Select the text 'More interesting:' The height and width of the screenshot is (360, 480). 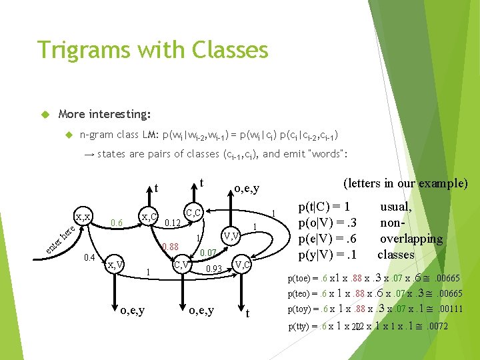coord(105,114)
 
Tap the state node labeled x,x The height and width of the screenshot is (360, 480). coord(83,217)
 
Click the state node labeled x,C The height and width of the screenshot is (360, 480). coord(149,217)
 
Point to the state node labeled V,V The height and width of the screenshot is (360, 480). coord(231,235)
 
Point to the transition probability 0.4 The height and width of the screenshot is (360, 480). coord(89,257)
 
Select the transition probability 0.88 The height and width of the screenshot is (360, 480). coord(171,247)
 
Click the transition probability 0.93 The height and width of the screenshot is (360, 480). coord(213,269)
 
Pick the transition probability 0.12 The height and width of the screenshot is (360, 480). coord(173,223)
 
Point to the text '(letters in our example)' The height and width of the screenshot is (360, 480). coord(405,183)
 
